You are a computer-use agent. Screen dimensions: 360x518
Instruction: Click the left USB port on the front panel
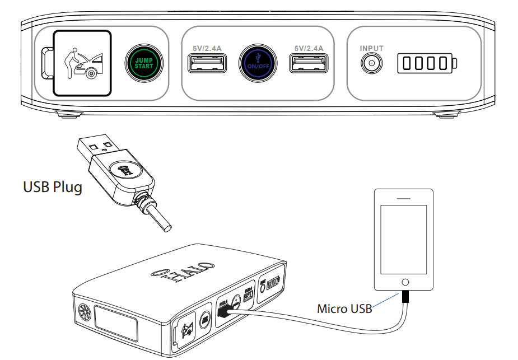[207, 64]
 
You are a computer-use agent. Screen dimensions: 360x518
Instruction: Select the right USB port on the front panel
[309, 64]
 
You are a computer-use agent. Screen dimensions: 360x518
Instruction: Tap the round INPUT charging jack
[371, 64]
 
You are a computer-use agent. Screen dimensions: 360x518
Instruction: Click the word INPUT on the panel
[371, 49]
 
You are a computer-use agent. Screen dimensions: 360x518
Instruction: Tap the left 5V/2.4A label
[207, 49]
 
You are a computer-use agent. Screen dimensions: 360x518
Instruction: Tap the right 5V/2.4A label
[309, 49]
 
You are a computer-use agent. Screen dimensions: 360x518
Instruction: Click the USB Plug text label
[52, 186]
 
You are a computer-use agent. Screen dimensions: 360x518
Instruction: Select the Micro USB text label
[344, 308]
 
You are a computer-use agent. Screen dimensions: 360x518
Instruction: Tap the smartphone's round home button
[405, 282]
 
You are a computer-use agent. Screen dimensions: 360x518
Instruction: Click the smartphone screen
[405, 239]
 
